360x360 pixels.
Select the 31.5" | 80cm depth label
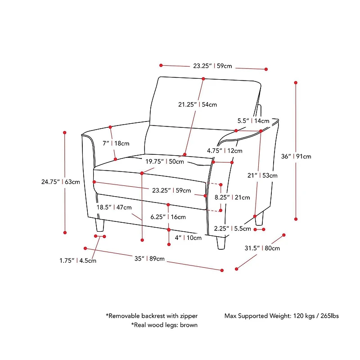coord(262,248)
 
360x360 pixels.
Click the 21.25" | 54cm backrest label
coord(197,104)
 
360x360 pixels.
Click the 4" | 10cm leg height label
coord(188,238)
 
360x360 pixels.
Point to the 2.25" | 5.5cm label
coord(233,229)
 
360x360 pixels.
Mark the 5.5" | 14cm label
coord(253,121)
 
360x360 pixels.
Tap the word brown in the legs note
coord(189,324)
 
